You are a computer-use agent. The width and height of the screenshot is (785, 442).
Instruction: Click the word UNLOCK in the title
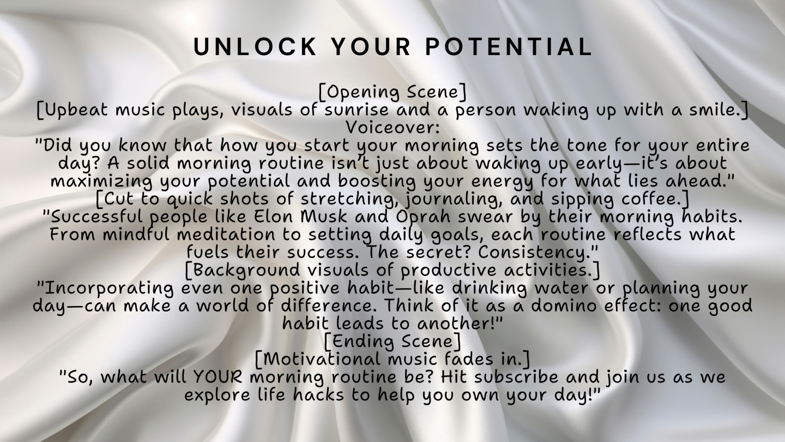point(255,47)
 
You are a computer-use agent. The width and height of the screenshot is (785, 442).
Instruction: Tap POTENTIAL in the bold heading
point(509,47)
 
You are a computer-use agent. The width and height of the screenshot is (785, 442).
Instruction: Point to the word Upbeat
point(76,110)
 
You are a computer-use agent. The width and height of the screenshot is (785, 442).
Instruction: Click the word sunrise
point(357,110)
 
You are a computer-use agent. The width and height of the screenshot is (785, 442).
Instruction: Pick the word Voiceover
point(392,127)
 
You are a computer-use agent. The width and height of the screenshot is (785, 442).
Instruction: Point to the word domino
point(565,306)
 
